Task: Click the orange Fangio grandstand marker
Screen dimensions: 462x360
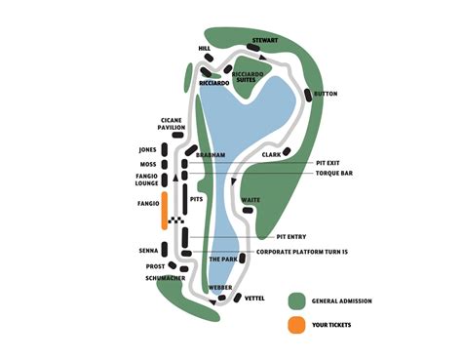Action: click(x=165, y=211)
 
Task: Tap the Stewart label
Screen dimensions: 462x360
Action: click(x=265, y=40)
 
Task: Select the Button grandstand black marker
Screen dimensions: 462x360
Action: click(x=308, y=95)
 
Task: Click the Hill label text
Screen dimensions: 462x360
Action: click(x=205, y=49)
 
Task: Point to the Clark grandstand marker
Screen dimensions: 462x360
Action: click(x=287, y=151)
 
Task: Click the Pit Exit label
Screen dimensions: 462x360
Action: click(x=327, y=163)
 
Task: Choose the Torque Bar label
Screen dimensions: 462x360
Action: click(x=334, y=174)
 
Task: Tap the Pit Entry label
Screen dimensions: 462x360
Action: click(x=291, y=237)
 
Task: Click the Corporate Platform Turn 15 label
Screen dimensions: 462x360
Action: click(x=302, y=252)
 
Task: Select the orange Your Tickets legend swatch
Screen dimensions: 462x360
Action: click(x=296, y=325)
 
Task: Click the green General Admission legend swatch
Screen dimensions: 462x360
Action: click(x=296, y=300)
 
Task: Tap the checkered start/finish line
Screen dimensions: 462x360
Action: click(x=176, y=220)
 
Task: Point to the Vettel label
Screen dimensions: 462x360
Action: click(x=254, y=299)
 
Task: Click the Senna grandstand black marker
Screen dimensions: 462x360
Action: click(x=165, y=249)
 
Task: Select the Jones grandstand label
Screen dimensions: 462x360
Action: click(x=148, y=150)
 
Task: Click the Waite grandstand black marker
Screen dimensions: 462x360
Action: click(x=248, y=211)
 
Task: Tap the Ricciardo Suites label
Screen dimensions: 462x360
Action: click(x=248, y=77)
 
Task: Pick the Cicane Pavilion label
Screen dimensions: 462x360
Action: click(x=172, y=124)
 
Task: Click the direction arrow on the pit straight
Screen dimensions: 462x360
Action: click(x=175, y=178)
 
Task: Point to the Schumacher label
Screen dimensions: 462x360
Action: click(x=166, y=278)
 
